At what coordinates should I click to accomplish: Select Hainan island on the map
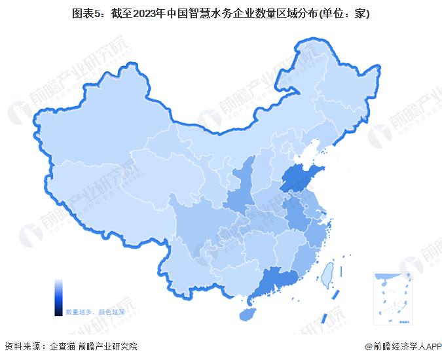point(247,314)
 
